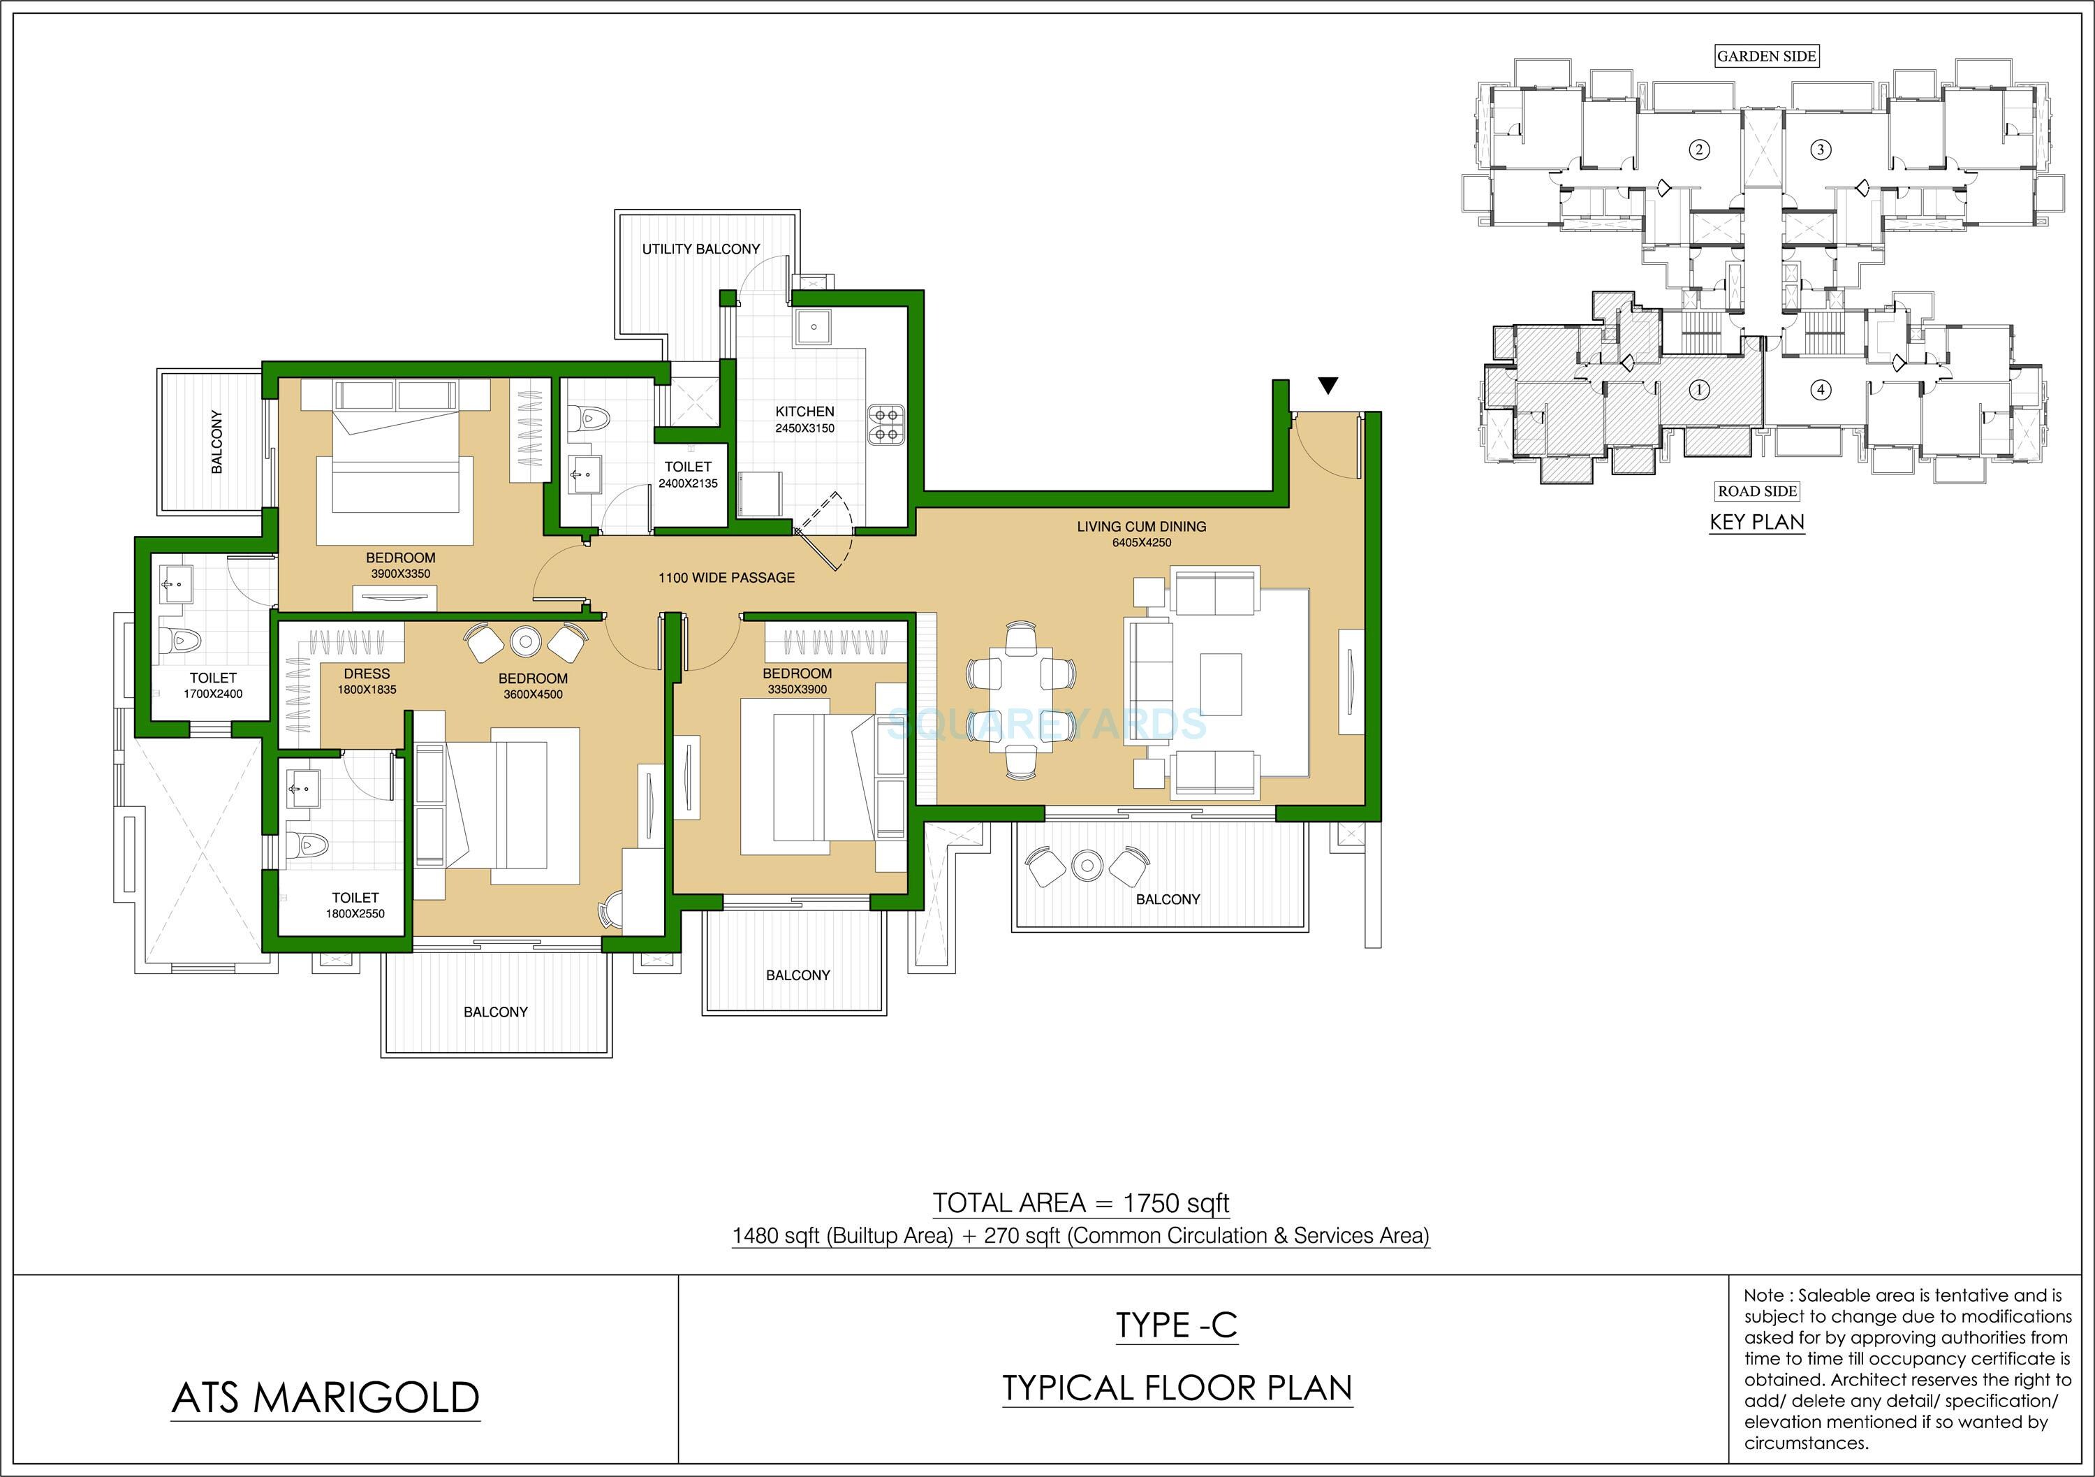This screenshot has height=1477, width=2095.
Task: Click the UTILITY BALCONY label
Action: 700,248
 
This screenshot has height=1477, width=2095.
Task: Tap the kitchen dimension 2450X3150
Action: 804,428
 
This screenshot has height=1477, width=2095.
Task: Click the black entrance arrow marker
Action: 1328,386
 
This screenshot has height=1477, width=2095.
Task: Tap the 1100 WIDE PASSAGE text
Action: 726,578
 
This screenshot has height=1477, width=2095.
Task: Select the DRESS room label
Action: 367,674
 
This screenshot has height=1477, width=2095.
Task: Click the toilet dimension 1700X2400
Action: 212,694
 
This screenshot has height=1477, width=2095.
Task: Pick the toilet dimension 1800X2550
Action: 355,914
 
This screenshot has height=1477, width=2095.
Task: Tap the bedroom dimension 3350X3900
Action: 797,689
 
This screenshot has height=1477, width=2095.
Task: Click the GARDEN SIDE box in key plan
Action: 1767,56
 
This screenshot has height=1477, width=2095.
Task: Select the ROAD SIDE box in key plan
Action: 1758,491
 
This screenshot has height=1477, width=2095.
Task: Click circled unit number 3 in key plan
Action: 1821,149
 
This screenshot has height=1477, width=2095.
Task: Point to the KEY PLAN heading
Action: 1756,522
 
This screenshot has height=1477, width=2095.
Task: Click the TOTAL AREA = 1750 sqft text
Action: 1080,1203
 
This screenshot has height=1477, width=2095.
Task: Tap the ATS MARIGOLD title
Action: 325,1397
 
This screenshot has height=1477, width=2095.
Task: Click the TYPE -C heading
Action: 1176,1325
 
